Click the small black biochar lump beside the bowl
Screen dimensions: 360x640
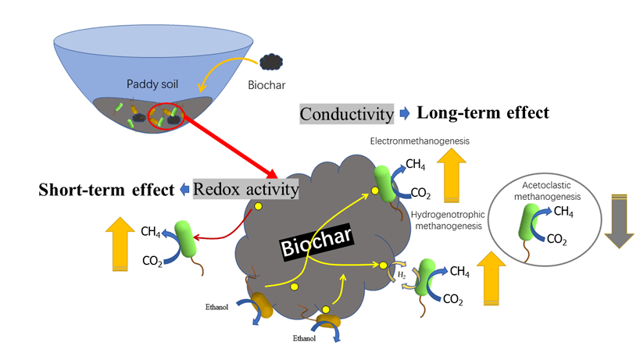[x=272, y=60]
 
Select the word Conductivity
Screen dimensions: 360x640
[x=346, y=113]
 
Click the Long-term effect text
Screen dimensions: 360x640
[x=482, y=112]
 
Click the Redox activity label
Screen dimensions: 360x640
[x=246, y=190]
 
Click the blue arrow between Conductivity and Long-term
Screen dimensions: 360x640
[x=404, y=113]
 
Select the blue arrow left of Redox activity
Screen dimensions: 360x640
[x=182, y=190]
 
